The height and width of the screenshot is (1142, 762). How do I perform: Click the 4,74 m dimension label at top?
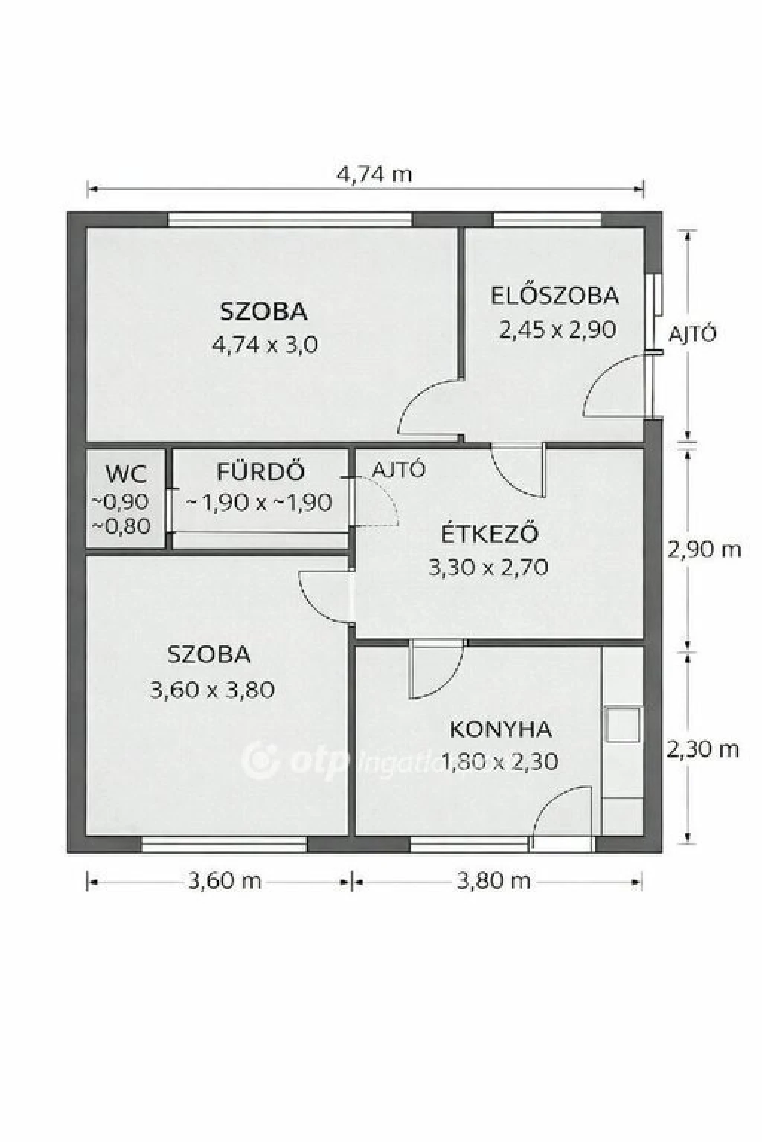[x=374, y=175]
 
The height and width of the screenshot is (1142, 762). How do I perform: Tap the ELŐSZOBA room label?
[x=555, y=296]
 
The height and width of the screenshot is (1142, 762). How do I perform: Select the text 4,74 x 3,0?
[x=265, y=345]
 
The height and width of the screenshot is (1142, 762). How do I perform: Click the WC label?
[x=126, y=474]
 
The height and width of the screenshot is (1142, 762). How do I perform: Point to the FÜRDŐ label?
[x=260, y=471]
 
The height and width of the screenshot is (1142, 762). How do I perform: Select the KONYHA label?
[x=501, y=729]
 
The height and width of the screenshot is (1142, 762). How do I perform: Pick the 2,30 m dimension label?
[x=702, y=749]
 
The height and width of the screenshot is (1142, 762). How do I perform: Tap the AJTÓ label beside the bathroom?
[x=399, y=469]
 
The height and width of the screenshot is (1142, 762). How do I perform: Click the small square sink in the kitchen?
[x=623, y=724]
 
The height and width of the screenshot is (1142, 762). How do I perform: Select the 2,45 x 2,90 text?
[x=557, y=329]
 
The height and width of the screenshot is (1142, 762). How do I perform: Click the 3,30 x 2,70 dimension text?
[x=488, y=567]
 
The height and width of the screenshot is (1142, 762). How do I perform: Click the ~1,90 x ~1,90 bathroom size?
[x=259, y=503]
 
